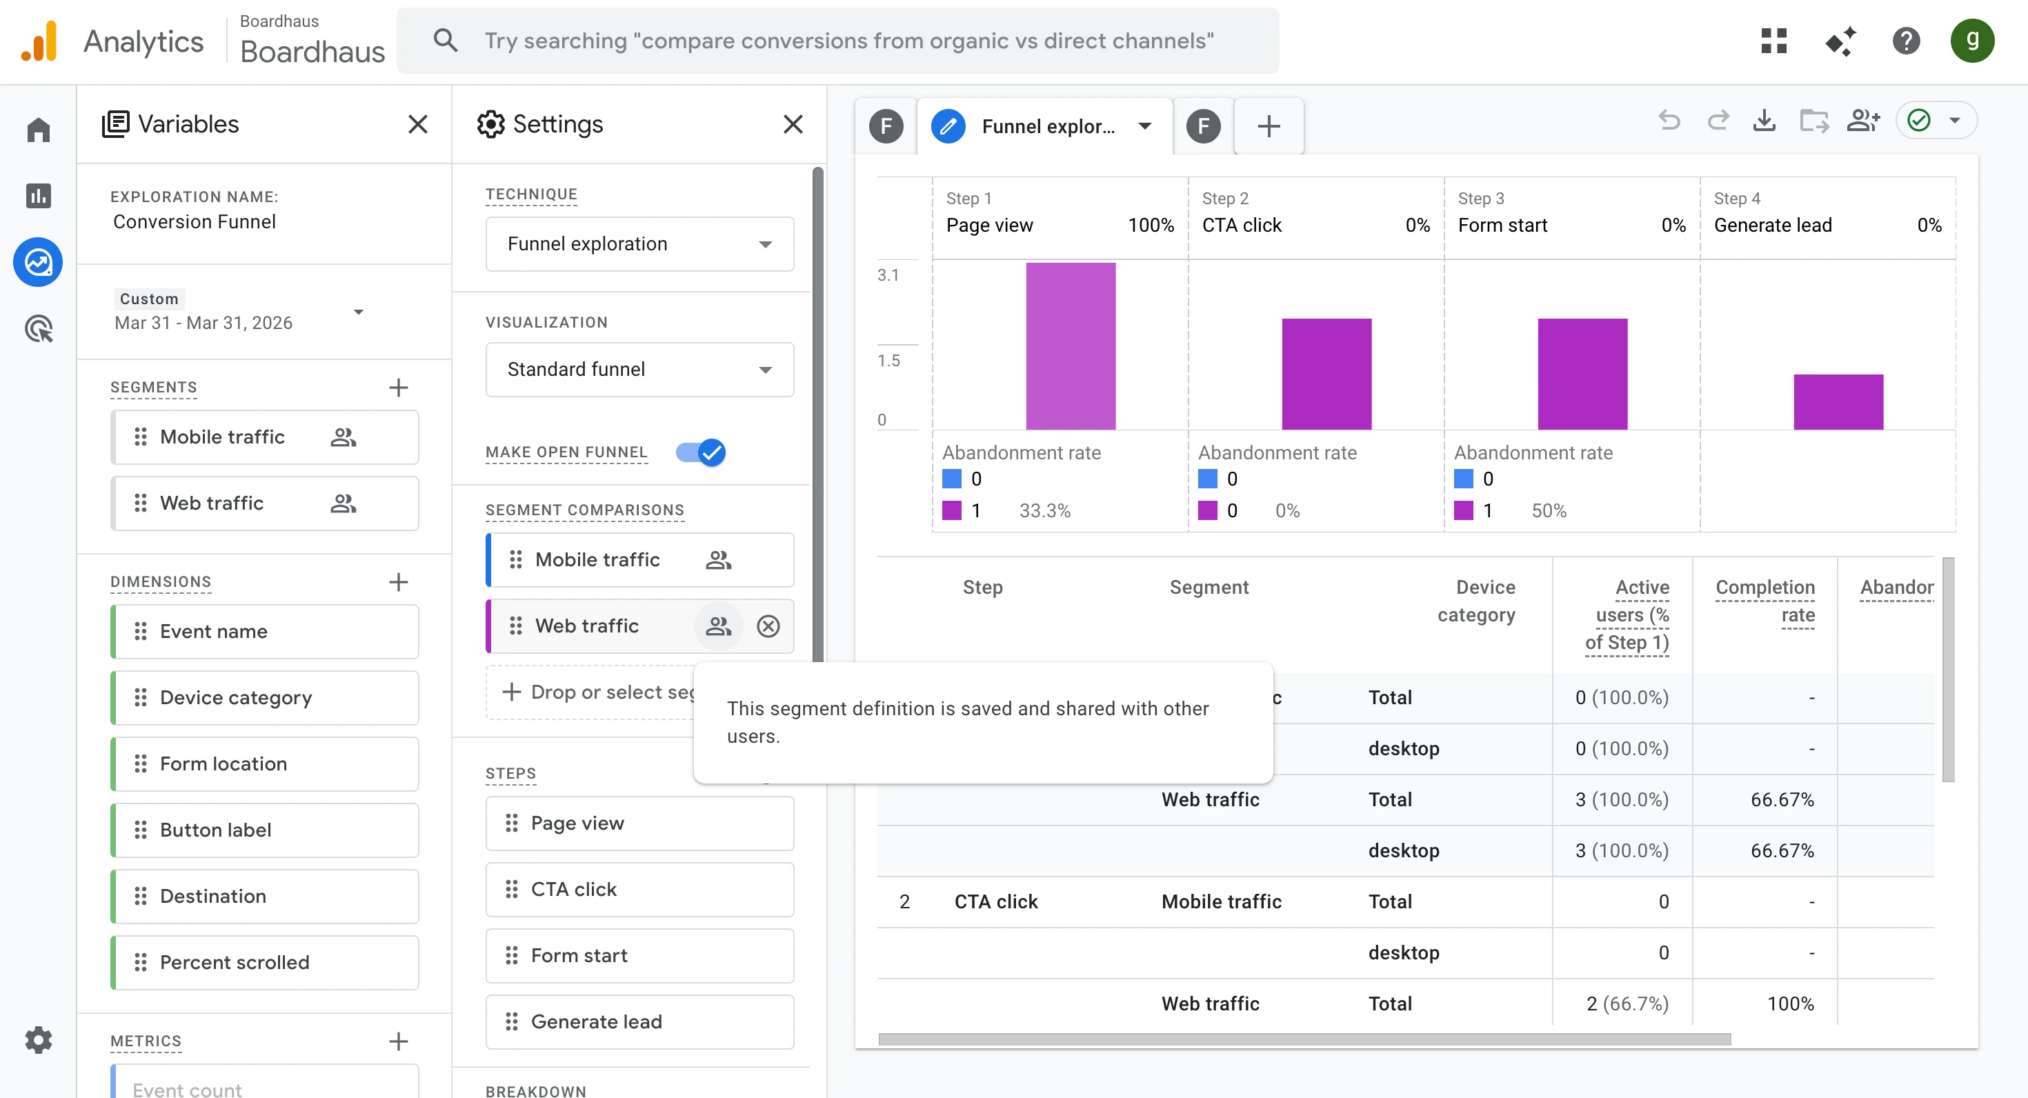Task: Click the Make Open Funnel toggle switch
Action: (700, 452)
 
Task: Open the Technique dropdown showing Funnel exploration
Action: (639, 244)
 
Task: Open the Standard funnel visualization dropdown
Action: (639, 369)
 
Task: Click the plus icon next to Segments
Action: (399, 387)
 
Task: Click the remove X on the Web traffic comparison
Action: (768, 626)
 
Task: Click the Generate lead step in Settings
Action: (639, 1021)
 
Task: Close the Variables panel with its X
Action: (417, 123)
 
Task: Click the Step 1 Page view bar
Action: (1070, 346)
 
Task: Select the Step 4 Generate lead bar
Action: (1838, 401)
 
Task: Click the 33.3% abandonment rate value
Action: (1045, 511)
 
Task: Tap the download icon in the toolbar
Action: (1764, 121)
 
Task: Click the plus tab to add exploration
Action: (1269, 126)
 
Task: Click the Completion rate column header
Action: (1765, 601)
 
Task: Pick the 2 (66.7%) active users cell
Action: (1627, 1004)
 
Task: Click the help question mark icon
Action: (1906, 41)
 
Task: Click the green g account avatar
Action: (1971, 41)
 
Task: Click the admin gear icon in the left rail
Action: (38, 1040)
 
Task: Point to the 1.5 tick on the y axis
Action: (889, 361)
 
